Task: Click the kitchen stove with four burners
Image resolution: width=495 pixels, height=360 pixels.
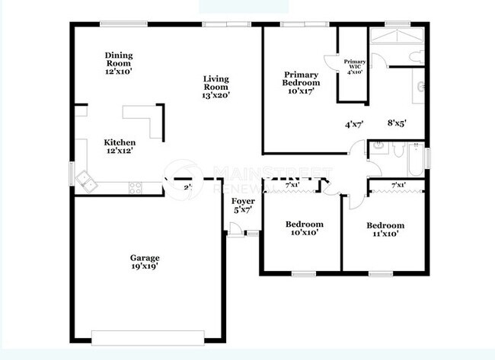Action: coord(136,186)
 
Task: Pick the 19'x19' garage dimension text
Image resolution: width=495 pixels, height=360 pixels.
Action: coord(145,267)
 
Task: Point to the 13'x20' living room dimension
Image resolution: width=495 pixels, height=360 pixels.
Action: coord(216,96)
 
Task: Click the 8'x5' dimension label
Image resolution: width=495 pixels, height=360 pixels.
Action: coord(397,123)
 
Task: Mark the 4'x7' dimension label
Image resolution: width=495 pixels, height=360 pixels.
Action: coord(354,123)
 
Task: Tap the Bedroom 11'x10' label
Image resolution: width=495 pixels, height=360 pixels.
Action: coord(385,229)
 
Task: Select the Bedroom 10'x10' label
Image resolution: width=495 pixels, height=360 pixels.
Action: coord(304,228)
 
